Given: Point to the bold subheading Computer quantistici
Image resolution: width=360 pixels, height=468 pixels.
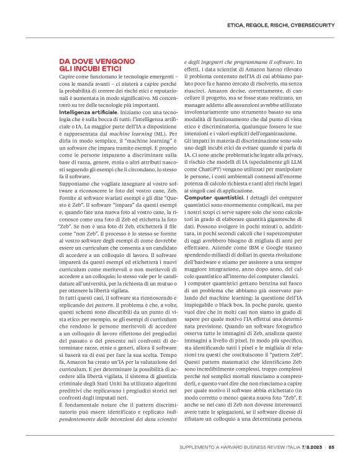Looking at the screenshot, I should [x=214, y=197].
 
